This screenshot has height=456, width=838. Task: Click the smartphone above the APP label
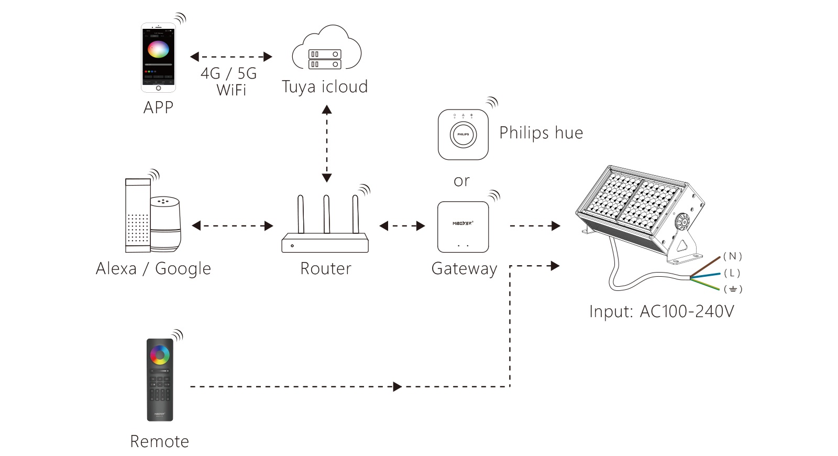click(158, 58)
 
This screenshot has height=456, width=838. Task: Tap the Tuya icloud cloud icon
click(326, 50)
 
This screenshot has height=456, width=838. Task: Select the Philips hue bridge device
click(463, 134)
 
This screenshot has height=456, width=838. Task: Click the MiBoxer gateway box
click(463, 227)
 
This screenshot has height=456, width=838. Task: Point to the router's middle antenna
click(326, 214)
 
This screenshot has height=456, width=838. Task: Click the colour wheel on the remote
click(160, 355)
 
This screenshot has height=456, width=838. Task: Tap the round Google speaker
click(166, 223)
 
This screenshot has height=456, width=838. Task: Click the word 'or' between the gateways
click(461, 181)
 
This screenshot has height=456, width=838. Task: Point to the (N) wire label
click(733, 256)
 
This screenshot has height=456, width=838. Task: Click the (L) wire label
click(732, 273)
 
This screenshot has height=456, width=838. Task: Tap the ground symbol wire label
click(733, 289)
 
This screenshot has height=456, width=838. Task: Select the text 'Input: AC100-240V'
click(661, 311)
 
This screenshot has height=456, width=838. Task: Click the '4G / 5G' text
click(229, 73)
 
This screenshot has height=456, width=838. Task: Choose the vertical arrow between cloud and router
click(327, 143)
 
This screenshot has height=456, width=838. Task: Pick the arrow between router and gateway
click(402, 226)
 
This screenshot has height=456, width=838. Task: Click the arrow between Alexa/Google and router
click(233, 226)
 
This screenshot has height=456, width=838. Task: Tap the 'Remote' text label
click(159, 441)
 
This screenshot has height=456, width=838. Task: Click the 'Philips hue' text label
click(541, 133)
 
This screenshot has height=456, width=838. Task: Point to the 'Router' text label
click(326, 268)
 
